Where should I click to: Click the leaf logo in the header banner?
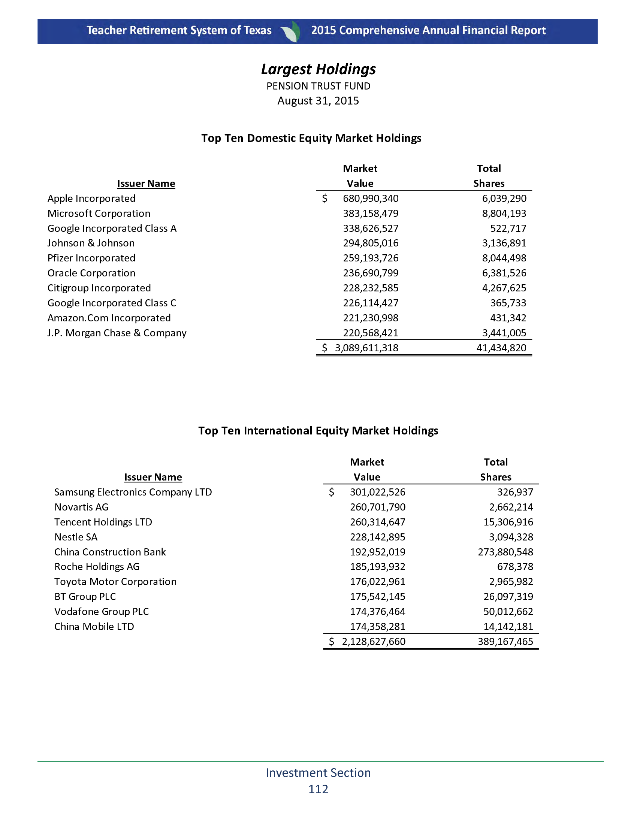pyautogui.click(x=291, y=31)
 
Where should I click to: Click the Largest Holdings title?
pyautogui.click(x=318, y=69)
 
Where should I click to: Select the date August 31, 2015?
pyautogui.click(x=318, y=101)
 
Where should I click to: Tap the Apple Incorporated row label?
pyautogui.click(x=91, y=199)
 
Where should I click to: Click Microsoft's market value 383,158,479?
pyautogui.click(x=370, y=213)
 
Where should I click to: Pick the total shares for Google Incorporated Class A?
pyautogui.click(x=508, y=228)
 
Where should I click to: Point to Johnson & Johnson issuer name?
pyautogui.click(x=91, y=243)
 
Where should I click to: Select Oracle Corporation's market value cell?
pyautogui.click(x=370, y=273)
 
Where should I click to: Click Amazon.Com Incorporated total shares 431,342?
pyautogui.click(x=508, y=318)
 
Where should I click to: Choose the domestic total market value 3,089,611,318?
pyautogui.click(x=366, y=348)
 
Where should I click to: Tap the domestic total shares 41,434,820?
pyautogui.click(x=501, y=348)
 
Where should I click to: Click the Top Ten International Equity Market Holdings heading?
pyautogui.click(x=318, y=430)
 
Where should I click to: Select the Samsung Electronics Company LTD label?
pyautogui.click(x=133, y=492)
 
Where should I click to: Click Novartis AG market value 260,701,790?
pyautogui.click(x=377, y=507)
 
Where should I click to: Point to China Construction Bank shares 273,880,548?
pyautogui.click(x=505, y=552)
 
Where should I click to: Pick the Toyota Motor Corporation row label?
pyautogui.click(x=115, y=581)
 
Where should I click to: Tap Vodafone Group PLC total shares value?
pyautogui.click(x=508, y=612)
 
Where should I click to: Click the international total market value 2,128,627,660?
pyautogui.click(x=373, y=641)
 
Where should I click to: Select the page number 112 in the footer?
pyautogui.click(x=318, y=789)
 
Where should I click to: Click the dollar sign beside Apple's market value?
pyautogui.click(x=324, y=199)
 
